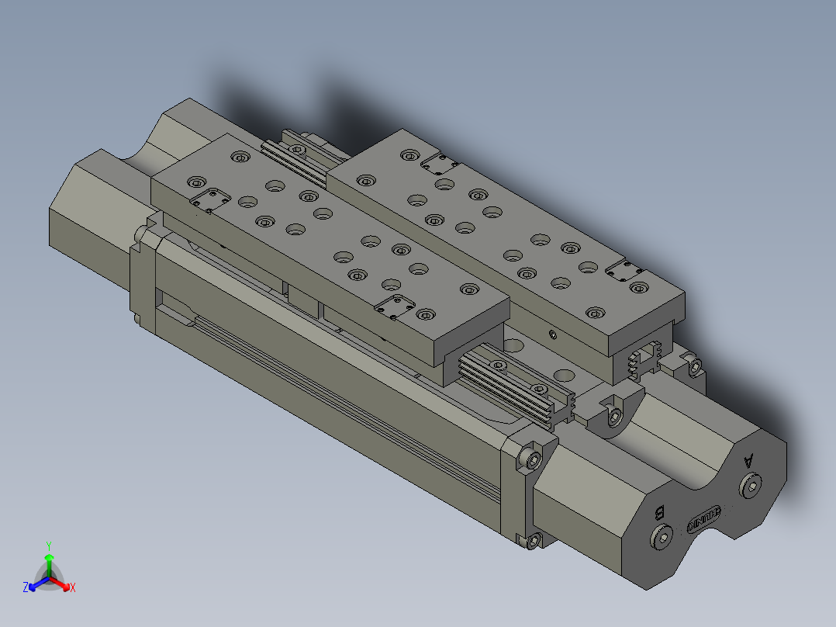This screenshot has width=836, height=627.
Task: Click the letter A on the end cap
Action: pyautogui.click(x=748, y=460)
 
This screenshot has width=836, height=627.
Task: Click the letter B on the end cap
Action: pyautogui.click(x=660, y=512)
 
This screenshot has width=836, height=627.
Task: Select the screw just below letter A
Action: pyautogui.click(x=750, y=487)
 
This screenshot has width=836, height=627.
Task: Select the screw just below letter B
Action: pyautogui.click(x=662, y=538)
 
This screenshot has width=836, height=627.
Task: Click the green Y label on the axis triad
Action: pyautogui.click(x=48, y=545)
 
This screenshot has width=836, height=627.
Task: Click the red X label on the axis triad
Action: pyautogui.click(x=72, y=588)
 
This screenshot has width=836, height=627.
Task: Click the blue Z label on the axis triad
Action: pyautogui.click(x=26, y=588)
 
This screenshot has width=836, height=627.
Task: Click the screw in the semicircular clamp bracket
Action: pyautogui.click(x=615, y=417)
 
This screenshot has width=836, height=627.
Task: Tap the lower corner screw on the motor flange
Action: pyautogui.click(x=532, y=540)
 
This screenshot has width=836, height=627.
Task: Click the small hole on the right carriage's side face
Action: pyautogui.click(x=551, y=335)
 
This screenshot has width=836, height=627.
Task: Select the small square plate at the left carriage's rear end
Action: pyautogui.click(x=210, y=199)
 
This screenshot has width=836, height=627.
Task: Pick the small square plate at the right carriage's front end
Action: pyautogui.click(x=625, y=272)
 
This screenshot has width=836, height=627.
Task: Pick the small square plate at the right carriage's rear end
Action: pyautogui.click(x=439, y=162)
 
